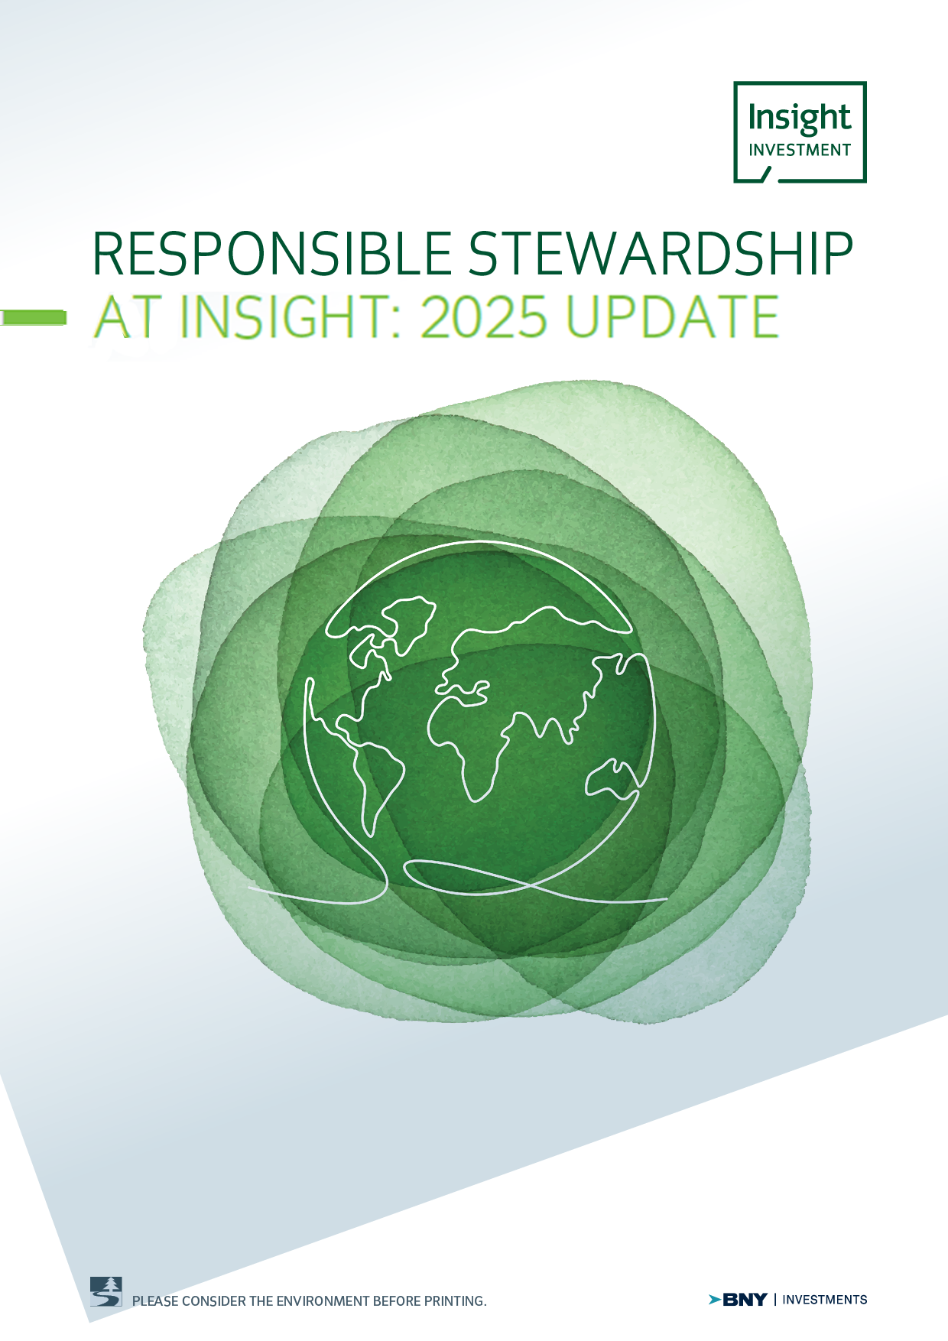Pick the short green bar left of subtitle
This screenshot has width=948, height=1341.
(x=33, y=317)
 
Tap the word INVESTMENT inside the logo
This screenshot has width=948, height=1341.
(x=800, y=150)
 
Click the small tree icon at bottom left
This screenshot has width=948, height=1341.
(x=106, y=1291)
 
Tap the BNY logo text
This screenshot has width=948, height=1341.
(x=745, y=1299)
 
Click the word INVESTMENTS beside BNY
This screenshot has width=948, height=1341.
(x=826, y=1299)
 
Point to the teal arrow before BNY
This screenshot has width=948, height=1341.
(x=715, y=1299)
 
